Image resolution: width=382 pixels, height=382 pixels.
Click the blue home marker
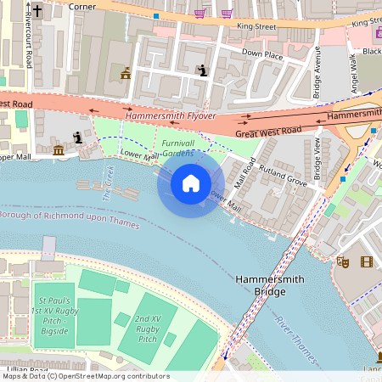[x=191, y=183]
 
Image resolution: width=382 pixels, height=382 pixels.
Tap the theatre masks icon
[x=342, y=262]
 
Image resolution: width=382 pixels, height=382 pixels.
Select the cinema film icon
[x=367, y=262]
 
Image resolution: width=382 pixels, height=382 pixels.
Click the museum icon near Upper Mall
[x=59, y=150]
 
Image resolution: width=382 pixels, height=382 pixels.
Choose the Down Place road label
[x=262, y=53]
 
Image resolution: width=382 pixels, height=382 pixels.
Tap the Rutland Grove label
[x=283, y=176]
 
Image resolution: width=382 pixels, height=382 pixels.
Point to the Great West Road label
[x=268, y=131]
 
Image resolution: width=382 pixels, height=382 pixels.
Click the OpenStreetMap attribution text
[x=86, y=376]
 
